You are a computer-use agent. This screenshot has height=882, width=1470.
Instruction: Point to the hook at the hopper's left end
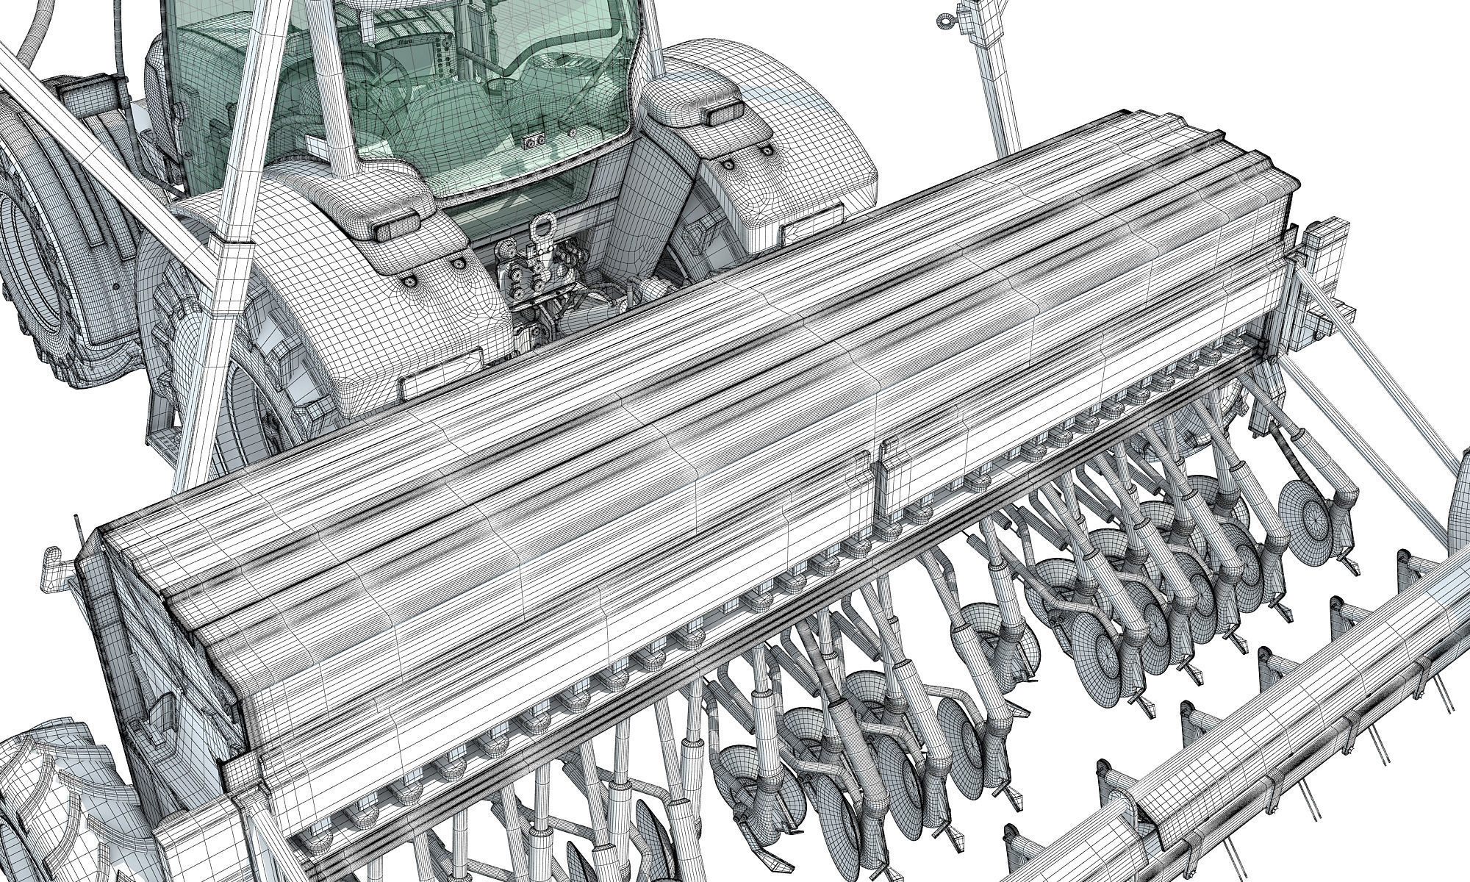coord(53,562)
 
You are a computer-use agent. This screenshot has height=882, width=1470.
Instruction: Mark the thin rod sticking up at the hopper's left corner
coord(76,532)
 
